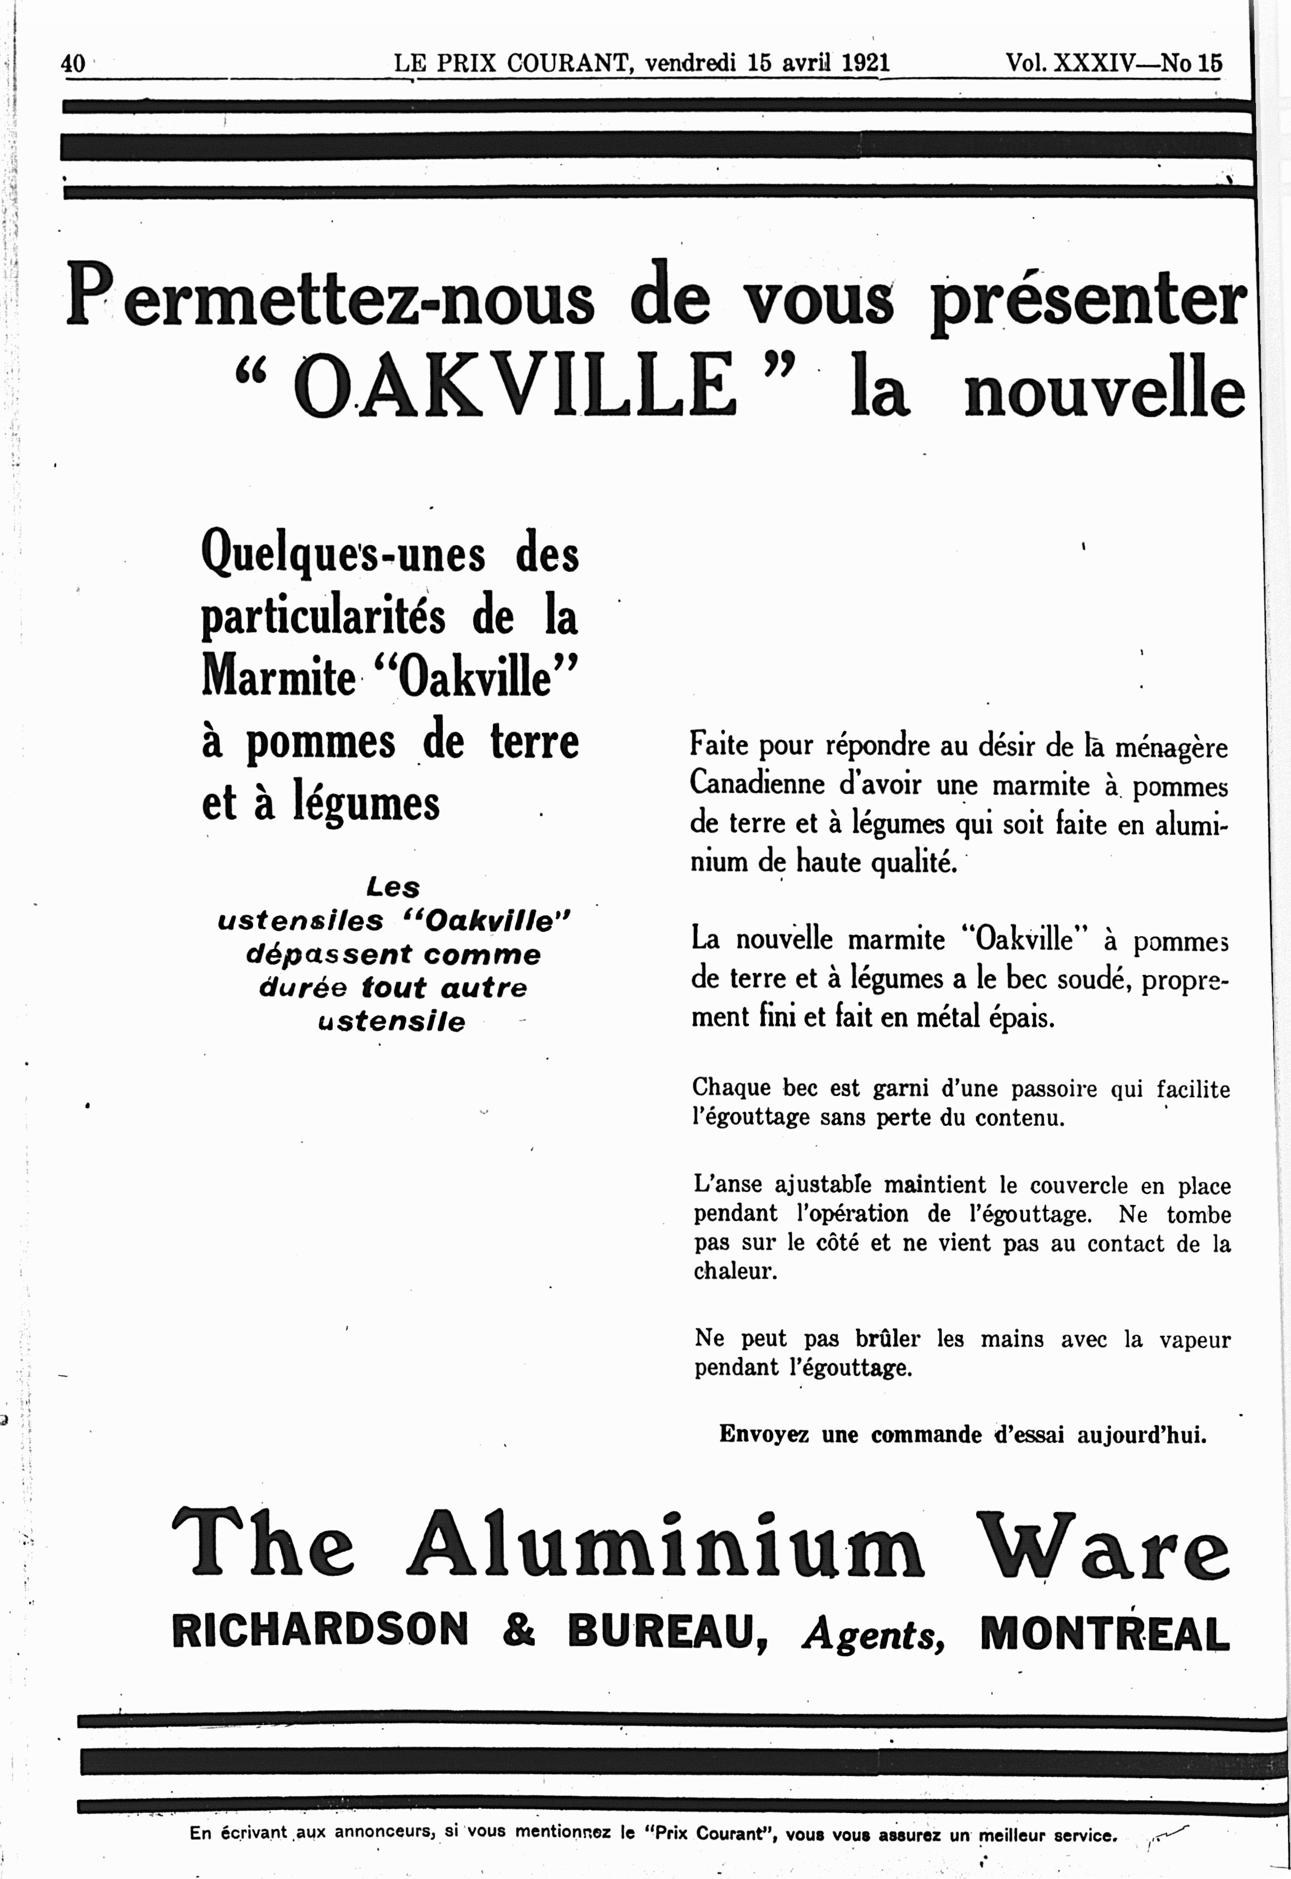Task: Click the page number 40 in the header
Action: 73,63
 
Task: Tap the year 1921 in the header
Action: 865,62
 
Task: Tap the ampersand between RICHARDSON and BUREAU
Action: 518,1629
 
